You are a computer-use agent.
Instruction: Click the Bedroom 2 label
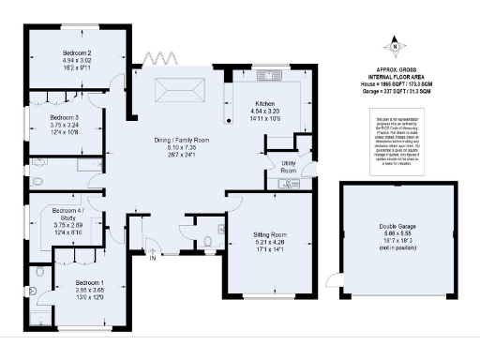(77, 52)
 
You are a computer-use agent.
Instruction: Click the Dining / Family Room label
(182, 140)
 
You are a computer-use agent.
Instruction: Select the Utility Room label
(289, 167)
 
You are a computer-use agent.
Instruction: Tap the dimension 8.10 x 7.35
(182, 148)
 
